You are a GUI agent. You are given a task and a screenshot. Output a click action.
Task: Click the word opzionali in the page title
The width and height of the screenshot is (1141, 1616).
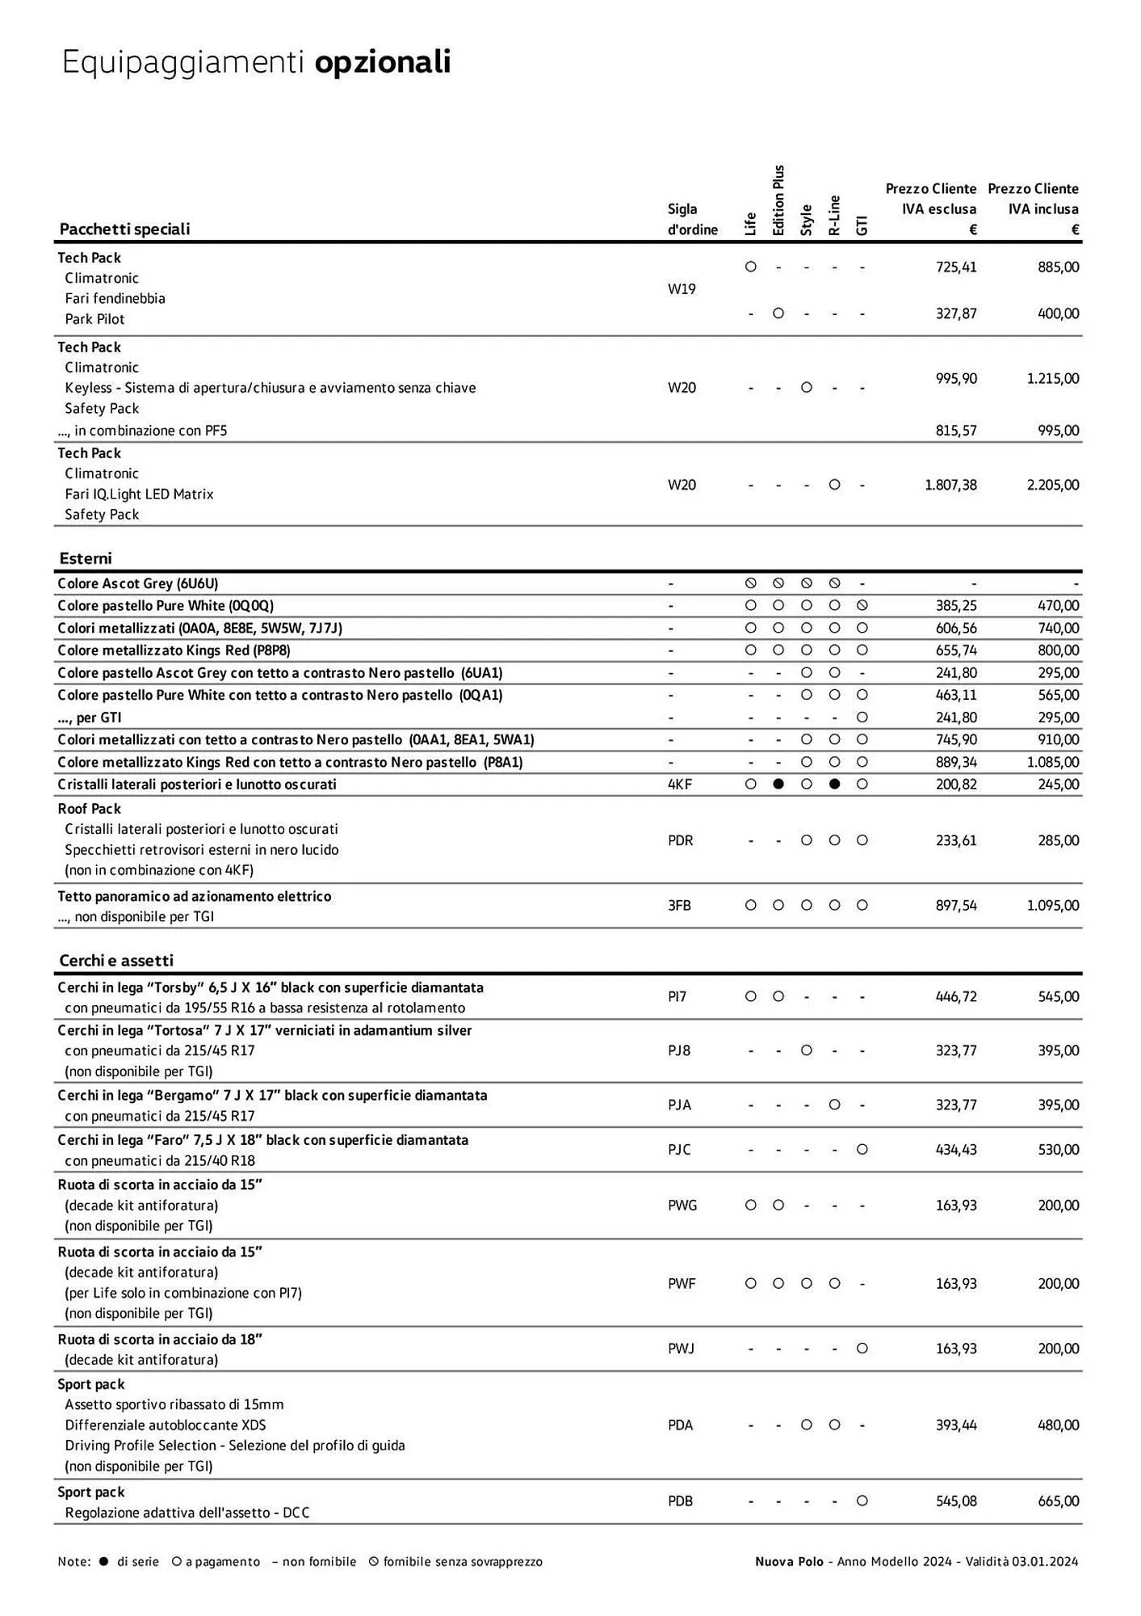382,63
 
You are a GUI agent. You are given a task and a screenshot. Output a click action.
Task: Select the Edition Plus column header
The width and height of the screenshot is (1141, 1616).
778,201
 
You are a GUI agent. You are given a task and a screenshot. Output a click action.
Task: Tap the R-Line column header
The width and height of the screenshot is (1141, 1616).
834,216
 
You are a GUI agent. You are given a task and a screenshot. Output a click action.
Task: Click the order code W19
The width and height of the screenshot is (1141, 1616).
682,289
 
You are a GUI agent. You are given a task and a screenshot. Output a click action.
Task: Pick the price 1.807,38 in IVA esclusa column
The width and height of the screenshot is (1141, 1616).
950,485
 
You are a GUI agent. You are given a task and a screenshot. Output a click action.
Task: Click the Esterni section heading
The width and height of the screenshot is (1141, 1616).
86,558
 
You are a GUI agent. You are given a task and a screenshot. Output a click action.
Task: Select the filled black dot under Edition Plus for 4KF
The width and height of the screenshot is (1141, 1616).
778,784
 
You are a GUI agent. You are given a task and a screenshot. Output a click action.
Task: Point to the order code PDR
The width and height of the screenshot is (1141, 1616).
680,840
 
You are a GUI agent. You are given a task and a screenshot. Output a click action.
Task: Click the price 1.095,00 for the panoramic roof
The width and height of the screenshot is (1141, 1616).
1052,906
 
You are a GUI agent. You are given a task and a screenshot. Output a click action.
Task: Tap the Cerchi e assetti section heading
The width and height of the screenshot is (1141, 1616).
116,961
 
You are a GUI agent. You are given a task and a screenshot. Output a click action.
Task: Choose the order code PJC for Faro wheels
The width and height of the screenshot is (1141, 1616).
679,1150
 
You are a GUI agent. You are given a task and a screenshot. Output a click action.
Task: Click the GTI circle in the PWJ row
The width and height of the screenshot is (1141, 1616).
862,1349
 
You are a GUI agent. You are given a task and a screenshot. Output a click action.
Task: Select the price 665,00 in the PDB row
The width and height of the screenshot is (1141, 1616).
1058,1501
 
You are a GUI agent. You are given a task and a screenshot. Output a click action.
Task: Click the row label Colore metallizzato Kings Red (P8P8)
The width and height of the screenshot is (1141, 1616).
174,650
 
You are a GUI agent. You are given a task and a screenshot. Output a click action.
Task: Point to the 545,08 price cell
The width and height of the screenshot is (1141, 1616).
956,1501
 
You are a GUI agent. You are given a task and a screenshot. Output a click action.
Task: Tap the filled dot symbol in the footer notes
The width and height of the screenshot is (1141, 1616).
103,1562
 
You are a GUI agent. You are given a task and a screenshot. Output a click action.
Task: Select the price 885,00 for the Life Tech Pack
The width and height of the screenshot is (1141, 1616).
1058,267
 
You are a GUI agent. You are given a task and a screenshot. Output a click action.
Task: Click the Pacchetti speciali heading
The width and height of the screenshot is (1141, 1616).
124,229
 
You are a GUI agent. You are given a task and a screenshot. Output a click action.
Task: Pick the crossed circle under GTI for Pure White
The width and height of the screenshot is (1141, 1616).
862,605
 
